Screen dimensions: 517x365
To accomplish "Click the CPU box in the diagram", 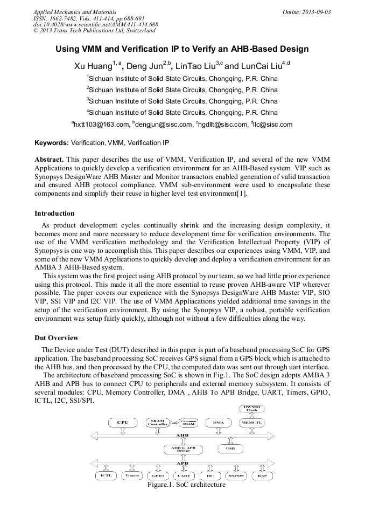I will coord(123,423).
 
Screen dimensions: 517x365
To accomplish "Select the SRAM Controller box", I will coord(158,423).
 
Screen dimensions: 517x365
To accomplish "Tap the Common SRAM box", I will coord(188,423).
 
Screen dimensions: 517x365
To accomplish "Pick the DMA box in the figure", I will coord(219,423).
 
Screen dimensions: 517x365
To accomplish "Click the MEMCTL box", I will coord(251,423).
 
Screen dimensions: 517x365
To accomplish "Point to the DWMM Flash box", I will coord(251,408).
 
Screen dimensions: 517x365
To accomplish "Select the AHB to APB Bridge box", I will coord(184,449).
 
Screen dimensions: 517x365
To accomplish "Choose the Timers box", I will coord(132,475).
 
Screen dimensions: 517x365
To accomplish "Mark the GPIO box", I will coord(158,475).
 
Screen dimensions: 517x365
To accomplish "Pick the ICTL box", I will coord(106,475).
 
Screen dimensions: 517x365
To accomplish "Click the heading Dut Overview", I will coord(57,338).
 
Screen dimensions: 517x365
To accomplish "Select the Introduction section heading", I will coord(54,213).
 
